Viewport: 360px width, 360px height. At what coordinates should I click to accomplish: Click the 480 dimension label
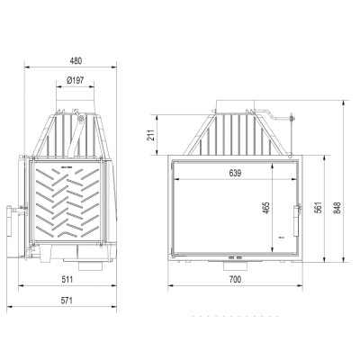coord(76,61)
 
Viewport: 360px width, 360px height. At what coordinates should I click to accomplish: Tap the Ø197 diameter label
coord(75,80)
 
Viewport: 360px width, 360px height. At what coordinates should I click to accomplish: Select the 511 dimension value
coord(67,280)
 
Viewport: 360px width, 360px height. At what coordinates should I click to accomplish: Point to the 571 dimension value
coord(67,301)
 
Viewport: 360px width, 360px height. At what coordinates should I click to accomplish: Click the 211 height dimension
coord(151,135)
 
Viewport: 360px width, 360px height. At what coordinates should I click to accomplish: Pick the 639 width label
coord(235,173)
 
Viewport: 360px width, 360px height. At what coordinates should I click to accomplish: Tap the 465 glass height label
coord(265,208)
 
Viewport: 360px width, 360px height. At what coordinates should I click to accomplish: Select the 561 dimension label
coord(319,207)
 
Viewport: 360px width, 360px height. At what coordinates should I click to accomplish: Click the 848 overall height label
coord(337,208)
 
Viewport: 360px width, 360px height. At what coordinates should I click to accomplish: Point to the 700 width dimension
coord(235,280)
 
